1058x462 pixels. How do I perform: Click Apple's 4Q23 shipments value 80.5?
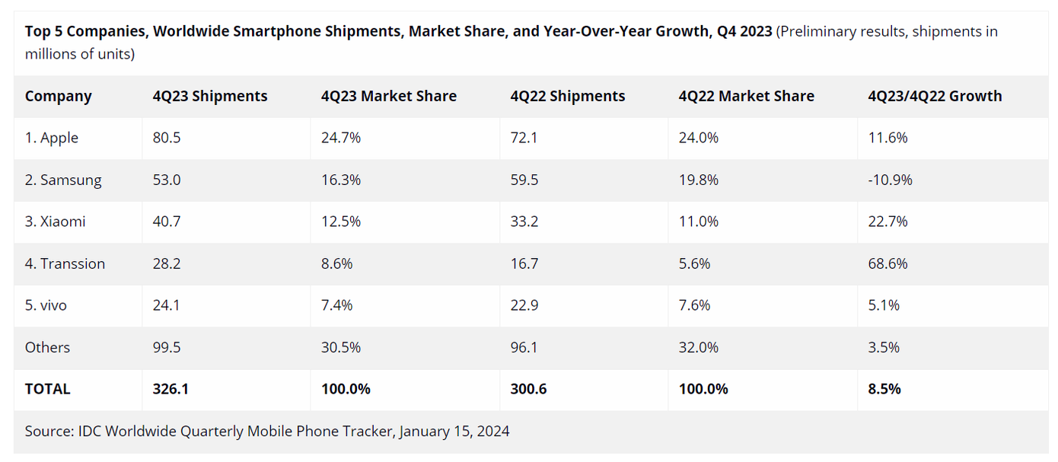pyautogui.click(x=166, y=138)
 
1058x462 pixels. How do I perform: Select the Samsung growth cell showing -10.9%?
pyautogui.click(x=890, y=180)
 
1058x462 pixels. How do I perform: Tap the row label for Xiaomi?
pyautogui.click(x=56, y=221)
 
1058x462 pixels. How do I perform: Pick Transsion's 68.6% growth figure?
pyautogui.click(x=888, y=263)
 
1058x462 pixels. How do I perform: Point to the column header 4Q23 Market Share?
pyautogui.click(x=388, y=96)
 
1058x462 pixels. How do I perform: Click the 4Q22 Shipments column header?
pyautogui.click(x=568, y=96)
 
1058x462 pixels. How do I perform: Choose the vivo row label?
pyautogui.click(x=46, y=305)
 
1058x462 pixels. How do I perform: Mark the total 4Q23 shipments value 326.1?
pyautogui.click(x=170, y=389)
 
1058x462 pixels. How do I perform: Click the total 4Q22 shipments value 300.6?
pyautogui.click(x=528, y=389)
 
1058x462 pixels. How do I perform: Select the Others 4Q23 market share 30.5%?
pyautogui.click(x=340, y=347)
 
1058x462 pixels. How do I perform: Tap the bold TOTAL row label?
pyautogui.click(x=47, y=389)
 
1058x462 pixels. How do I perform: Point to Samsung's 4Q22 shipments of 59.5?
pyautogui.click(x=524, y=180)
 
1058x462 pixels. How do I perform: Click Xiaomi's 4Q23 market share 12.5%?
pyautogui.click(x=340, y=221)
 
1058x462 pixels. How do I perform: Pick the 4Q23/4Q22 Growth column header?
pyautogui.click(x=935, y=96)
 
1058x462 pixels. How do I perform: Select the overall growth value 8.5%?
pyautogui.click(x=884, y=389)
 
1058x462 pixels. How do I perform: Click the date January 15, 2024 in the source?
pyautogui.click(x=454, y=432)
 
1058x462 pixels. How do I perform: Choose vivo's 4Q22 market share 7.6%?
pyautogui.click(x=694, y=305)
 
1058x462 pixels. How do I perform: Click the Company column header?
pyautogui.click(x=58, y=96)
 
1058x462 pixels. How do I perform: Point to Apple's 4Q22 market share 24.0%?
pyautogui.click(x=698, y=138)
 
